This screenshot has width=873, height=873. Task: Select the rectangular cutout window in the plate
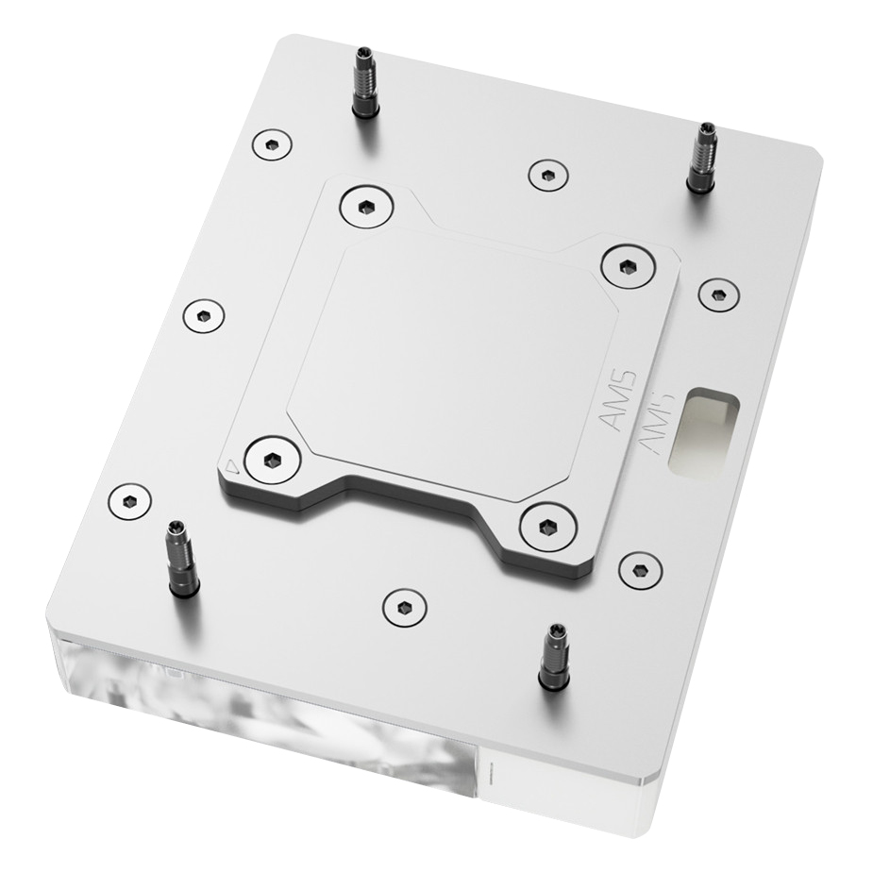(x=702, y=430)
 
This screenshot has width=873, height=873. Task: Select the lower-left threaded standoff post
(x=181, y=559)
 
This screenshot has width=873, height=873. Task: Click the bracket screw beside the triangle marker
(x=272, y=460)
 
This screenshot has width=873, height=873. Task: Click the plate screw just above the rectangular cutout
(x=718, y=294)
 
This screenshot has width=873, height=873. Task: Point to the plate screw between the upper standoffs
(x=547, y=174)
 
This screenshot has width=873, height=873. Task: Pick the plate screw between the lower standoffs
(x=405, y=607)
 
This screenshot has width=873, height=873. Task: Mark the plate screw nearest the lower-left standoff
(x=130, y=500)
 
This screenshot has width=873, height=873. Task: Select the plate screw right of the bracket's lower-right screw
(x=640, y=570)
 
